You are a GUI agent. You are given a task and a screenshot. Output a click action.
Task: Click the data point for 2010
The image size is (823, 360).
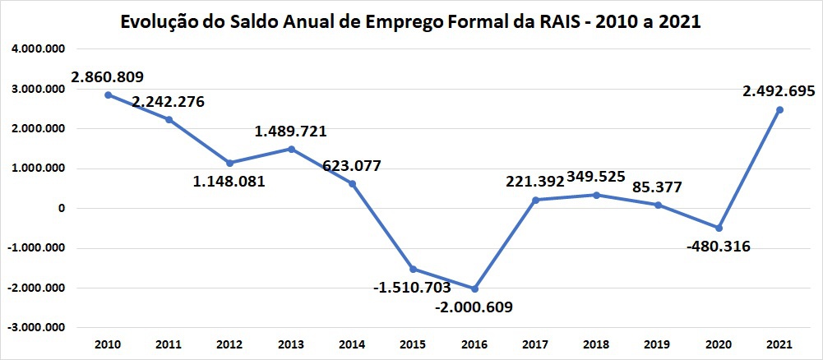point(108,95)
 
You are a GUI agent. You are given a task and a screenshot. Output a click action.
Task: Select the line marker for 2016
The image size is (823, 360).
point(474,288)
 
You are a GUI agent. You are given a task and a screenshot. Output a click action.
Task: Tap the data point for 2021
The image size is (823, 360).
point(779,109)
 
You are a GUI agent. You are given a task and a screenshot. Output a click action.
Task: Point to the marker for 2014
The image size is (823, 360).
point(352,183)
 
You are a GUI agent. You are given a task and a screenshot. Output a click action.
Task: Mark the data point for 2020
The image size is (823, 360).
point(719,228)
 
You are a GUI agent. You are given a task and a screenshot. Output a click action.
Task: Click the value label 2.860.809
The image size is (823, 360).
point(108,77)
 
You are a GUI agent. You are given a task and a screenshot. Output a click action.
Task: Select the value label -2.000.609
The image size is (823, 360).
point(474,307)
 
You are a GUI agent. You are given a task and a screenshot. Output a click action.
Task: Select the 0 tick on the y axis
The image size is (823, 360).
point(60,209)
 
